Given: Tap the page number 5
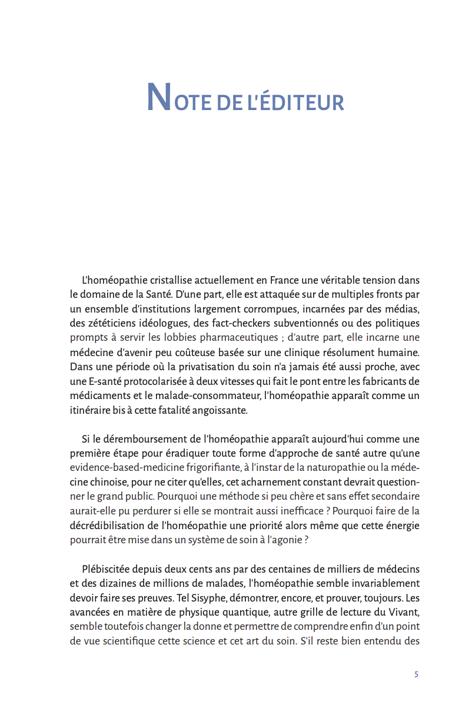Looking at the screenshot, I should (x=416, y=675).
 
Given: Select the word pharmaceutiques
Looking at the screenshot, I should (x=238, y=337).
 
